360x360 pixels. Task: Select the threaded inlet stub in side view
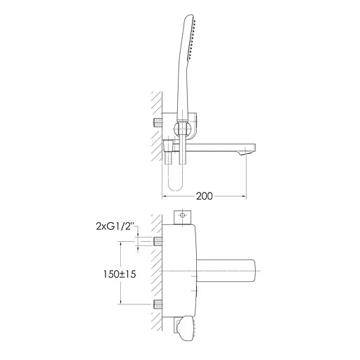click(x=158, y=124)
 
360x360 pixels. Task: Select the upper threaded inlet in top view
click(x=159, y=241)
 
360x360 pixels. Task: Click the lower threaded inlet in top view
click(x=159, y=304)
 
